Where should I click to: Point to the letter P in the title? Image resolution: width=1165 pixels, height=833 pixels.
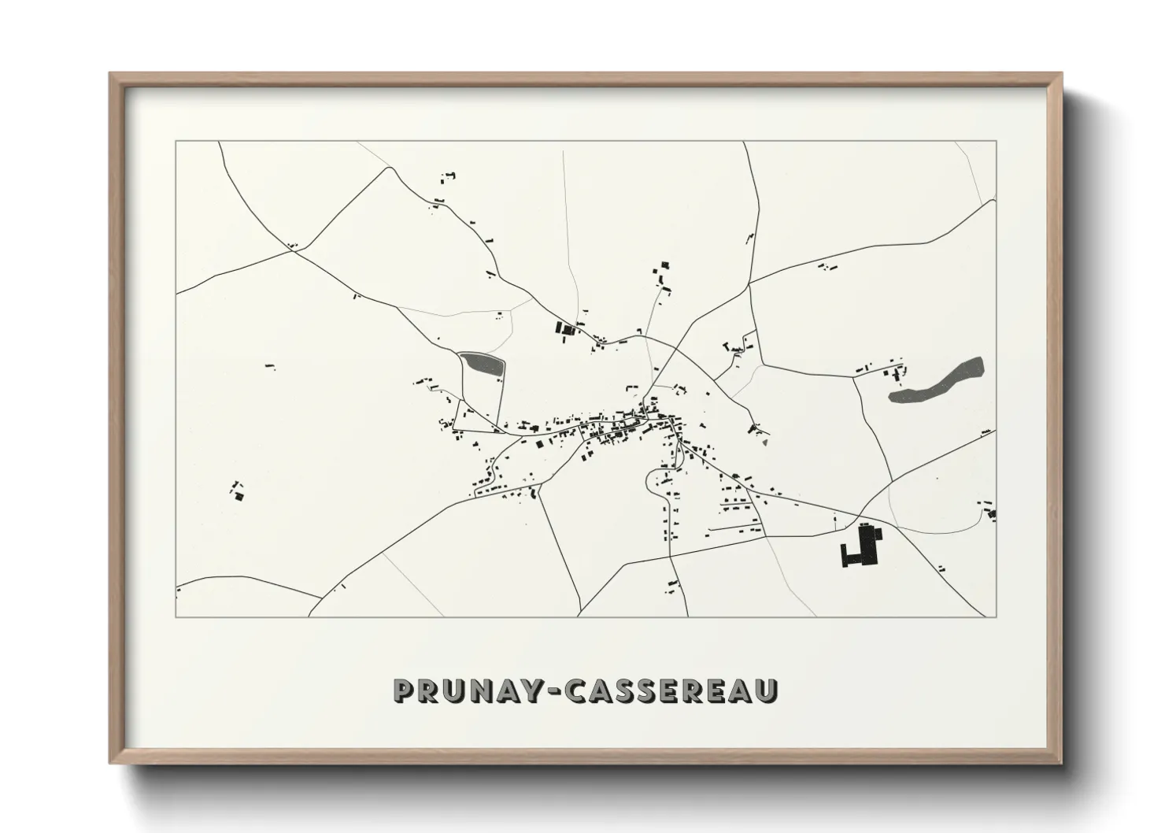(404, 691)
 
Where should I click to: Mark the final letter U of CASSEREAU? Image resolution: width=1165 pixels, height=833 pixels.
(766, 691)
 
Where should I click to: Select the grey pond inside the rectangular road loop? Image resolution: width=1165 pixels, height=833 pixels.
(481, 364)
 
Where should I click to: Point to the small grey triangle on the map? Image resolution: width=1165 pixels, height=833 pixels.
(764, 441)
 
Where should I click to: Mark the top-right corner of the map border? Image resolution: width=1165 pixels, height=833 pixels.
(996, 142)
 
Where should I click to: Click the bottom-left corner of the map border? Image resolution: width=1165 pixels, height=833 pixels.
(176, 616)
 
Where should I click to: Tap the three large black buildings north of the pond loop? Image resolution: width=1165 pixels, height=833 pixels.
(565, 328)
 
